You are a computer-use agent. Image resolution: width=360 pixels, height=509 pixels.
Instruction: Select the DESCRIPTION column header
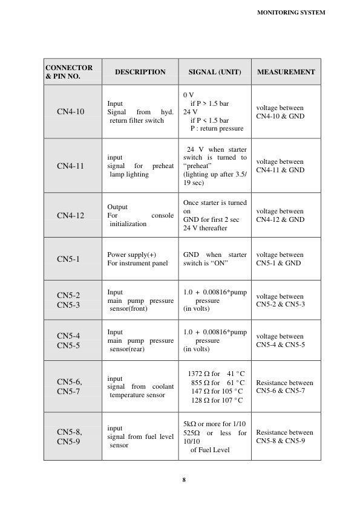pyautogui.click(x=140, y=72)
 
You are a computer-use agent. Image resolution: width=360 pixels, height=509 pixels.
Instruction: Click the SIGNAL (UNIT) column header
pyautogui.click(x=215, y=72)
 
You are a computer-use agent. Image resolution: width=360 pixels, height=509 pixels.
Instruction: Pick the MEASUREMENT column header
pyautogui.click(x=286, y=72)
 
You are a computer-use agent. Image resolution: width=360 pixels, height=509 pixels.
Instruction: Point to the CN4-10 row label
pyautogui.click(x=71, y=112)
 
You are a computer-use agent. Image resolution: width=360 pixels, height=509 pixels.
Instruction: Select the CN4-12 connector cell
pyautogui.click(x=71, y=215)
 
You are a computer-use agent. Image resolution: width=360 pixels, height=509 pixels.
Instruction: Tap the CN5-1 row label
pyautogui.click(x=68, y=259)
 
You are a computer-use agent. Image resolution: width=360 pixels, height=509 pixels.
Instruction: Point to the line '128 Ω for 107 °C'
pyautogui.click(x=217, y=400)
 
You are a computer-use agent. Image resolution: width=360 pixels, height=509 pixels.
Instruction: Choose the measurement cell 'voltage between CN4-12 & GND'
pyautogui.click(x=280, y=216)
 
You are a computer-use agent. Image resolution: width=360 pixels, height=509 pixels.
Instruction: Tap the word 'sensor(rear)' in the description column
pyautogui.click(x=129, y=349)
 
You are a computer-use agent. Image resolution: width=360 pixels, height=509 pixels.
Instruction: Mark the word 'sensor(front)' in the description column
pyautogui.click(x=129, y=308)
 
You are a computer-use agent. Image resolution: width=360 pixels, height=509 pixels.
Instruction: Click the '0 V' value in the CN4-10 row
pyautogui.click(x=189, y=95)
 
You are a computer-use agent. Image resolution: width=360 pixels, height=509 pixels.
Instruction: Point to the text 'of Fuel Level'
pyautogui.click(x=209, y=450)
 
